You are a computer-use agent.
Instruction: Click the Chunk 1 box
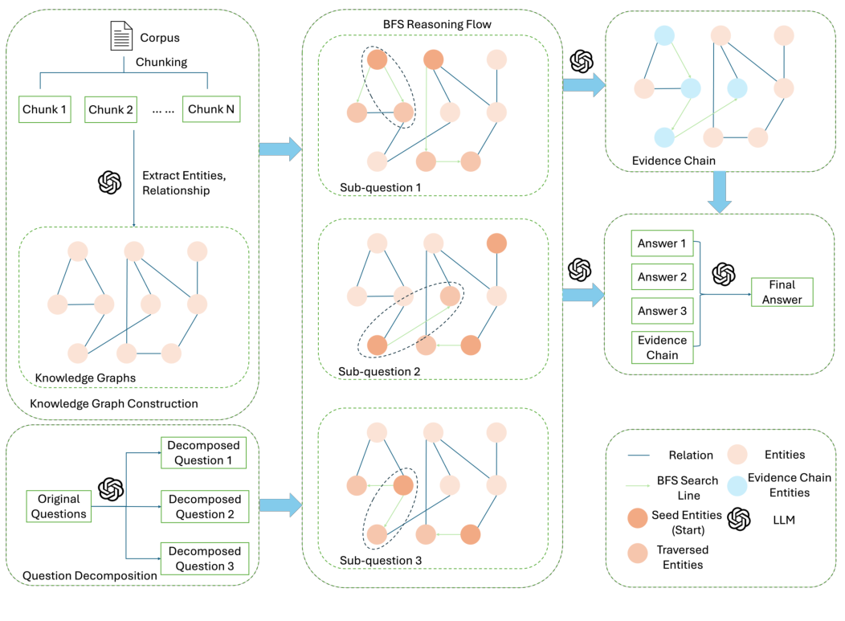click(x=45, y=109)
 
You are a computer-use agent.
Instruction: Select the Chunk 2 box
click(x=111, y=109)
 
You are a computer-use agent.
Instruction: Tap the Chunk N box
click(x=208, y=109)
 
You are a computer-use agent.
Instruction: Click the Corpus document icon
click(x=120, y=37)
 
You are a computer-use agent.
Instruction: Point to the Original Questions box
click(x=56, y=506)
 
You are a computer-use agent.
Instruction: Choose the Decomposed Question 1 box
click(x=205, y=452)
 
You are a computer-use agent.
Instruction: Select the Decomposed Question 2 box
click(x=205, y=507)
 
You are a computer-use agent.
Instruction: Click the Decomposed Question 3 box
click(x=205, y=558)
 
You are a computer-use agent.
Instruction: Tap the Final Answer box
click(x=782, y=292)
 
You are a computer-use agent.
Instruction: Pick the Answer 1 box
click(x=662, y=243)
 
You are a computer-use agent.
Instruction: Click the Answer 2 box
click(x=662, y=277)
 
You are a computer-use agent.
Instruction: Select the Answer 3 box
click(x=662, y=310)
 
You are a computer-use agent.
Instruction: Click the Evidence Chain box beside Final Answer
click(x=662, y=347)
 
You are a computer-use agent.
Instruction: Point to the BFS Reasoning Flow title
click(x=437, y=24)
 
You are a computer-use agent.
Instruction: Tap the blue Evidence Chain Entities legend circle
click(x=741, y=484)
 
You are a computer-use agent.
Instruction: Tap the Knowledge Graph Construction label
click(x=113, y=403)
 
